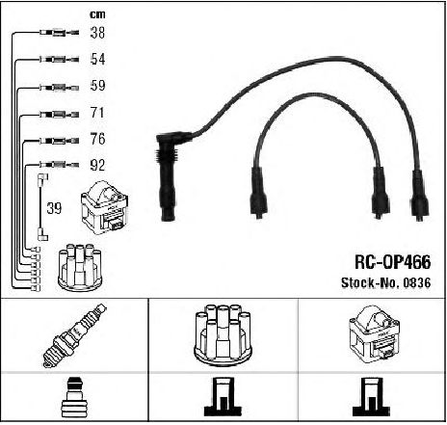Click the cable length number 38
(x=97, y=33)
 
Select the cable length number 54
(x=97, y=59)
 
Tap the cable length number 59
(x=97, y=86)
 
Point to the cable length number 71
(x=97, y=113)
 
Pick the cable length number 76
(x=97, y=139)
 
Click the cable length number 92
(x=97, y=165)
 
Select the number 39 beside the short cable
(x=54, y=208)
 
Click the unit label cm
(x=97, y=14)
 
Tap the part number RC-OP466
(x=392, y=262)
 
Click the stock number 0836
(x=417, y=282)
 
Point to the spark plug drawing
(x=75, y=335)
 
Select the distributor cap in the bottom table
(x=223, y=334)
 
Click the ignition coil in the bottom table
(x=375, y=334)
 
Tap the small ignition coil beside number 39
(x=105, y=208)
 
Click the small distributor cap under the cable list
(x=80, y=268)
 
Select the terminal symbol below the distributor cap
(x=223, y=397)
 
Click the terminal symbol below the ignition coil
(x=371, y=397)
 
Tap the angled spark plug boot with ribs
(x=168, y=176)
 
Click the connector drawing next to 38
(x=60, y=33)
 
